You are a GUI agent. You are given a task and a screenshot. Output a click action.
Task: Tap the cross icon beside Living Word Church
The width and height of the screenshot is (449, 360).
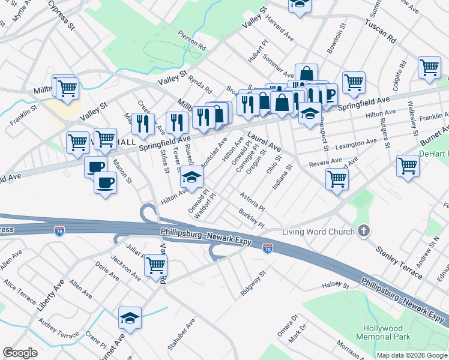pyautogui.click(x=363, y=231)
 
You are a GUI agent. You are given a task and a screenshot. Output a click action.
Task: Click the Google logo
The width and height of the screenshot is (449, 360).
pyautogui.click(x=20, y=353)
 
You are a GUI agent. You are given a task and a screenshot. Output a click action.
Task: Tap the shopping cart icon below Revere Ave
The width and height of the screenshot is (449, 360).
pyautogui.click(x=337, y=178)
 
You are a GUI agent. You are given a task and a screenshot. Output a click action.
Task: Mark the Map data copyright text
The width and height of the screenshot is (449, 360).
pyautogui.click(x=412, y=355)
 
